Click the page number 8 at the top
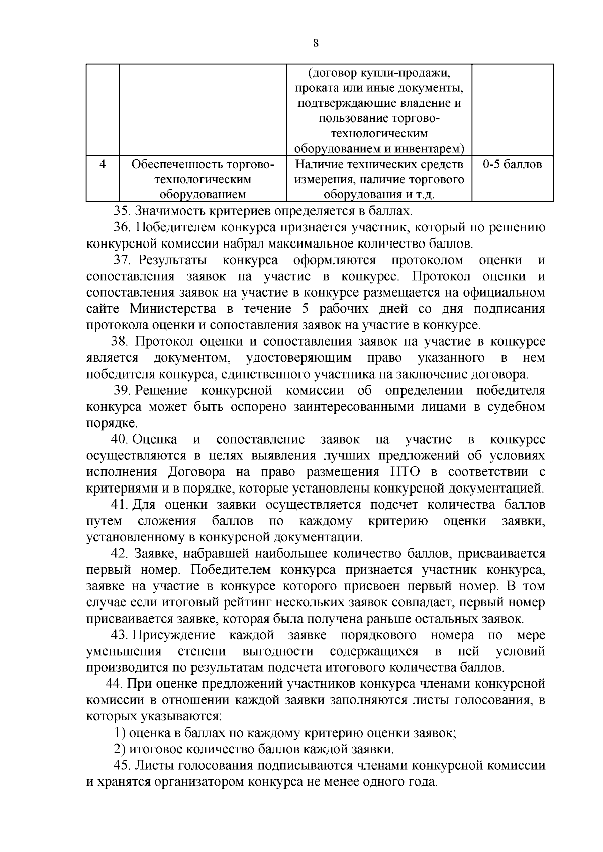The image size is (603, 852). pyautogui.click(x=315, y=43)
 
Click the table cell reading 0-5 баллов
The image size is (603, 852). pyautogui.click(x=512, y=165)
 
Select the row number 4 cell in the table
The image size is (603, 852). pyautogui.click(x=103, y=165)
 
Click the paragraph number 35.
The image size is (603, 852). pyautogui.click(x=122, y=211)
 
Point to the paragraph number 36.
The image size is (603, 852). pyautogui.click(x=122, y=227)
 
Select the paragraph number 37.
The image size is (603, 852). pyautogui.click(x=122, y=260)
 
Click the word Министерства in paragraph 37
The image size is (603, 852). pyautogui.click(x=173, y=308)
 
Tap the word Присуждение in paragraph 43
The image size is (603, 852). pyautogui.click(x=174, y=635)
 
